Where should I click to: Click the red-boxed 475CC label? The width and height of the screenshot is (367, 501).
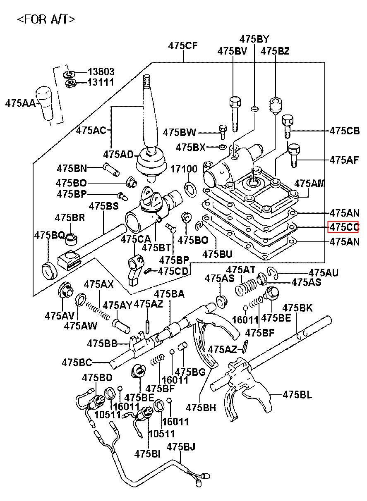pyautogui.click(x=343, y=227)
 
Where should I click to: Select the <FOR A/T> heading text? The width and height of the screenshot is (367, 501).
pyautogui.click(x=46, y=19)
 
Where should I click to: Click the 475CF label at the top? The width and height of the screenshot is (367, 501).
pyautogui.click(x=182, y=46)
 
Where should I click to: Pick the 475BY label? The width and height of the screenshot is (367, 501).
pyautogui.click(x=254, y=39)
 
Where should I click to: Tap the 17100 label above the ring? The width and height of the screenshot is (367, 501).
pyautogui.click(x=184, y=169)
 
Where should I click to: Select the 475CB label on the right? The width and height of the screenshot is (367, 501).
pyautogui.click(x=344, y=131)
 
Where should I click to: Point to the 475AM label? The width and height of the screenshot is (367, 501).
pyautogui.click(x=310, y=184)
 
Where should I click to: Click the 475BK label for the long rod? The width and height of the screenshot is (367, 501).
pyautogui.click(x=297, y=308)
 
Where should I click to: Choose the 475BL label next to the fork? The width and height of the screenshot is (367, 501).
pyautogui.click(x=297, y=394)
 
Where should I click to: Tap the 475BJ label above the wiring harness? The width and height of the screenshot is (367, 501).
pyautogui.click(x=181, y=446)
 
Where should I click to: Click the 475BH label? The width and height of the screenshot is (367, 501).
pyautogui.click(x=201, y=407)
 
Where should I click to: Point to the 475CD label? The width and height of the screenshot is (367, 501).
pyautogui.click(x=173, y=271)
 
